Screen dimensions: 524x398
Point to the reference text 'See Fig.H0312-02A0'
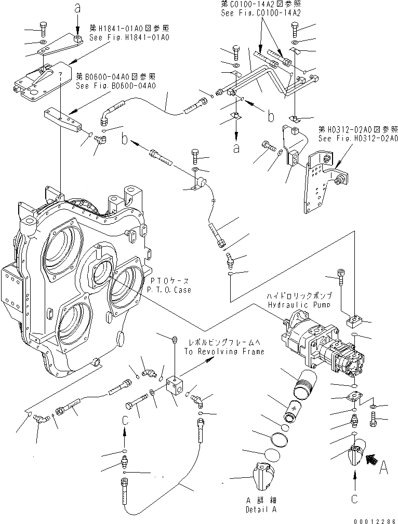pos(358,139)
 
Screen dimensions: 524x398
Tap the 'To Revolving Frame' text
pos(224,352)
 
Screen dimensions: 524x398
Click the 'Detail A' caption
pos(261,510)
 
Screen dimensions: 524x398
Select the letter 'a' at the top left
pos(78,8)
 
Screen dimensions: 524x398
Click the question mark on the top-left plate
pos(61,75)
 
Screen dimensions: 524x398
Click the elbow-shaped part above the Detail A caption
pos(262,474)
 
